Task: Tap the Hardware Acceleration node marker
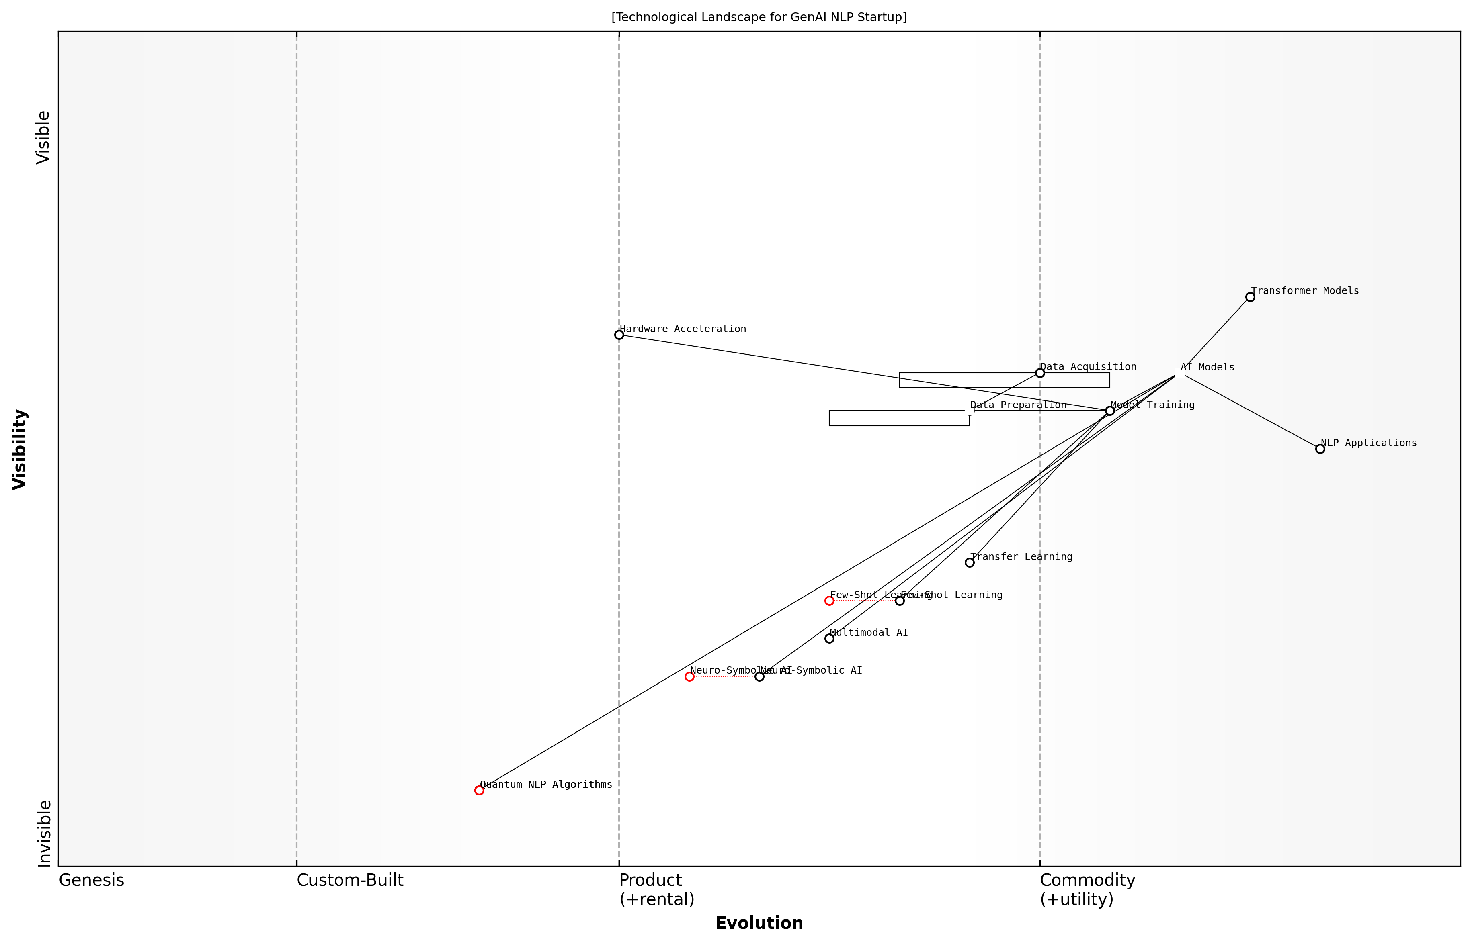(619, 335)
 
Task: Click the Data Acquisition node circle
(1039, 373)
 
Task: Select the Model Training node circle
(1109, 411)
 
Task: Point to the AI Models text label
(1207, 367)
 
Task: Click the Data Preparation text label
(1018, 405)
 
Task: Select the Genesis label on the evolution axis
(91, 880)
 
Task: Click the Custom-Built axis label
(350, 880)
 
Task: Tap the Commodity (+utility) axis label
(1087, 889)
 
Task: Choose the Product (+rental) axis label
(656, 889)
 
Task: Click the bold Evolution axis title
(759, 923)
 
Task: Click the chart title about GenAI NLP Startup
(759, 17)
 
